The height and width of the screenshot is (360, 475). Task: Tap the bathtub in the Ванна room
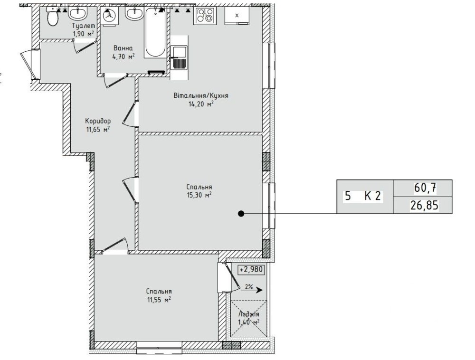tap(155, 32)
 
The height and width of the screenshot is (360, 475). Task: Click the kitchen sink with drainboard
tap(179, 58)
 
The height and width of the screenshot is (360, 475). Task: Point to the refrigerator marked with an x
tap(237, 16)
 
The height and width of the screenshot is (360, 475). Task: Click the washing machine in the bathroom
tap(109, 17)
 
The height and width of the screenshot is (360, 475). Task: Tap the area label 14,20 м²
tap(201, 104)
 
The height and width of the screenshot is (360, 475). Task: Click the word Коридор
tap(98, 121)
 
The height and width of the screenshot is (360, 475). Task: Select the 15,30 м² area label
tap(199, 195)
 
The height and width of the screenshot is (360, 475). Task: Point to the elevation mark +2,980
tap(252, 269)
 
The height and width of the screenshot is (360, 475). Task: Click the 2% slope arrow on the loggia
tap(251, 290)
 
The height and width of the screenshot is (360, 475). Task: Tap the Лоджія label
tap(249, 314)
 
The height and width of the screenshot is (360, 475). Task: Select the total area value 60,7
tap(425, 189)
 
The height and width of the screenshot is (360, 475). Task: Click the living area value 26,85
tap(424, 206)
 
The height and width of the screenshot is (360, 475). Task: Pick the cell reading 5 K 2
tap(365, 196)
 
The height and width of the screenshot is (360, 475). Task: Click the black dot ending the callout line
tap(241, 214)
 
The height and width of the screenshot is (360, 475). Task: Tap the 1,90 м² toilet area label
tap(83, 34)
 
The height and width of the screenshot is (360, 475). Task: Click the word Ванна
tap(123, 48)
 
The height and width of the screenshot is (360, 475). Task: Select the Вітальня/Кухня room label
tap(201, 95)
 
